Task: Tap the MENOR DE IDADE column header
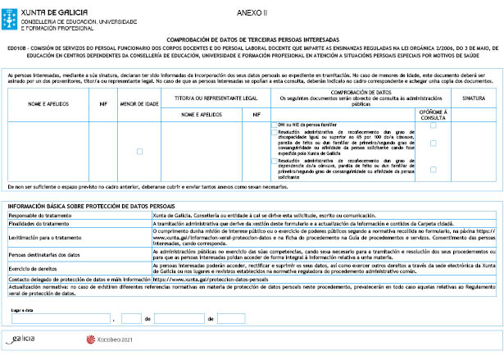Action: tap(139, 103)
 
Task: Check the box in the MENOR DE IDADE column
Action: tap(139, 151)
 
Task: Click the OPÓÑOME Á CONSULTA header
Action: tap(433, 115)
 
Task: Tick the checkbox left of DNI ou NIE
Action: tap(274, 124)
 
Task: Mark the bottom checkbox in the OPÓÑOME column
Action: tap(433, 168)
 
